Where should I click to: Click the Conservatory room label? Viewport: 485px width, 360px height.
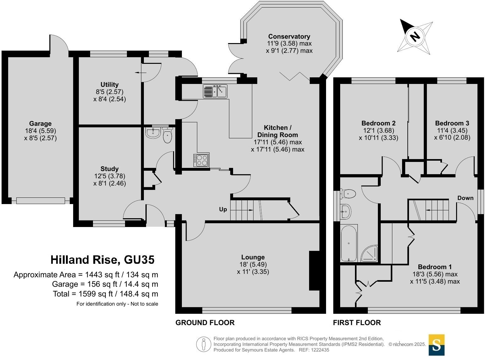(289, 36)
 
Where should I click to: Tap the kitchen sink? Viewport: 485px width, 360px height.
(215, 91)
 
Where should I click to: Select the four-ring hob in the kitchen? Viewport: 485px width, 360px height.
(201, 160)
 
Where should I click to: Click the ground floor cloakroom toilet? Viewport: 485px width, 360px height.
(167, 135)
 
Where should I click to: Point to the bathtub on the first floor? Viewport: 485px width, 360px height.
(349, 243)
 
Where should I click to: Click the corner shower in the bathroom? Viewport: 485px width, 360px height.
(369, 253)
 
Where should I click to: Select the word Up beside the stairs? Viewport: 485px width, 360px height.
(223, 209)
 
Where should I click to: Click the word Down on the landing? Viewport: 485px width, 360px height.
(465, 198)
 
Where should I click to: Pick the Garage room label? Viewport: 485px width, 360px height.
(41, 124)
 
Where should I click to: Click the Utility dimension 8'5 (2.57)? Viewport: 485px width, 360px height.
(110, 92)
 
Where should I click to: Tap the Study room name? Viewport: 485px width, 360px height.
(110, 169)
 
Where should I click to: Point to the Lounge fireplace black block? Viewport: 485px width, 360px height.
(314, 270)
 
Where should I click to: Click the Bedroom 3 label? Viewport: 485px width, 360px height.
(452, 123)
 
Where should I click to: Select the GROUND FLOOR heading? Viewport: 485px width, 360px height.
(205, 322)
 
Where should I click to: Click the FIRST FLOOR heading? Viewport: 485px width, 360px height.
(357, 322)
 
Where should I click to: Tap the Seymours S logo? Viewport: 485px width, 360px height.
(436, 345)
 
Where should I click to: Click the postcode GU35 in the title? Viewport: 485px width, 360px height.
(139, 260)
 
